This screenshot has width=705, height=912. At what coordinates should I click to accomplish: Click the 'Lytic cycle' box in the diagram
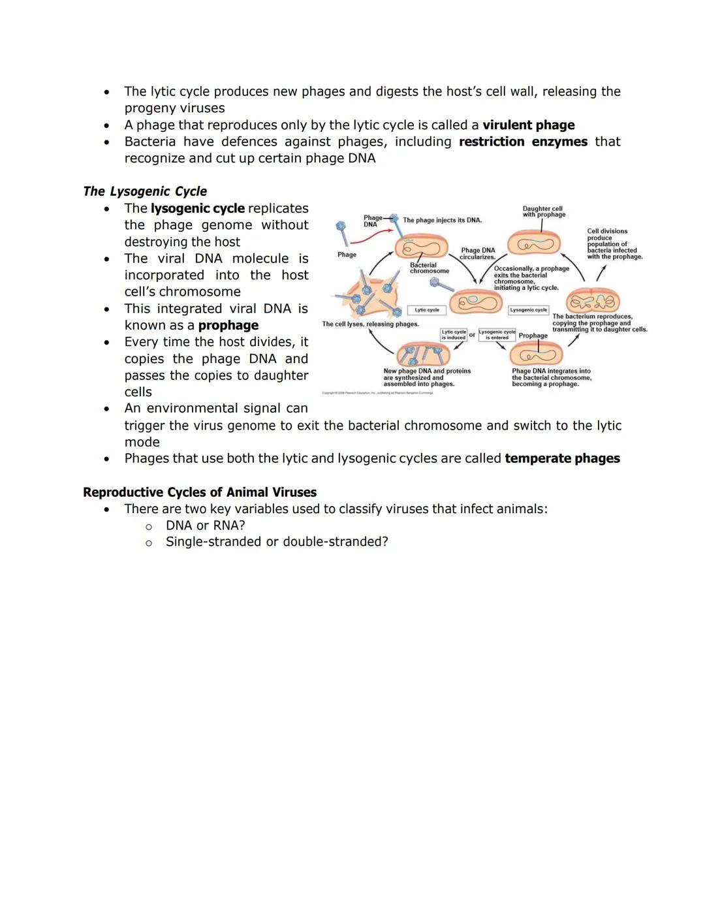[x=427, y=310]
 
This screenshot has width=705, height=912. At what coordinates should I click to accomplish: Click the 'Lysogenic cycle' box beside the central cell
[x=528, y=310]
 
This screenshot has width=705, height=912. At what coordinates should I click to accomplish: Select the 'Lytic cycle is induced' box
[x=454, y=335]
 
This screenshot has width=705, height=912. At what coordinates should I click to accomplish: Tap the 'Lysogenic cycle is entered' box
[x=497, y=335]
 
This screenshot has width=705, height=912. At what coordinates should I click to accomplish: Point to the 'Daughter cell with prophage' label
[x=544, y=212]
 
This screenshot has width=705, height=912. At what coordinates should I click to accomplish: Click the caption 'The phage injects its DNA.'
[x=442, y=221]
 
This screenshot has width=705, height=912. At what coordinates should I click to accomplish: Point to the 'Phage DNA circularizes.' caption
[x=478, y=253]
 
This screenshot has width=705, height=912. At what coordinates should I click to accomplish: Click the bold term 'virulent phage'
[x=528, y=125]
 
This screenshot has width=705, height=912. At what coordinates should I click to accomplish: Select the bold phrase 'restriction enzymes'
[x=523, y=142]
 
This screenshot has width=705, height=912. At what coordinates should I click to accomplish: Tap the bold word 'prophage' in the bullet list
[x=228, y=325]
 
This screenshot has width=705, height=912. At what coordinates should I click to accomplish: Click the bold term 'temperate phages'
[x=562, y=458]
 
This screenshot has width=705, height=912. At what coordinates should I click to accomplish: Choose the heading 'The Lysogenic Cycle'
[x=145, y=191]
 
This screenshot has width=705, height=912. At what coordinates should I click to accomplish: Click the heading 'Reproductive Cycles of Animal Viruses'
[x=200, y=492]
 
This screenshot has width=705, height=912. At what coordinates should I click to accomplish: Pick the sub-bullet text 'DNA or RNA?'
[x=206, y=526]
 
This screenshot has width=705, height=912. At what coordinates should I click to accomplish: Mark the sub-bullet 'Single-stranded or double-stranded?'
[x=277, y=542]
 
